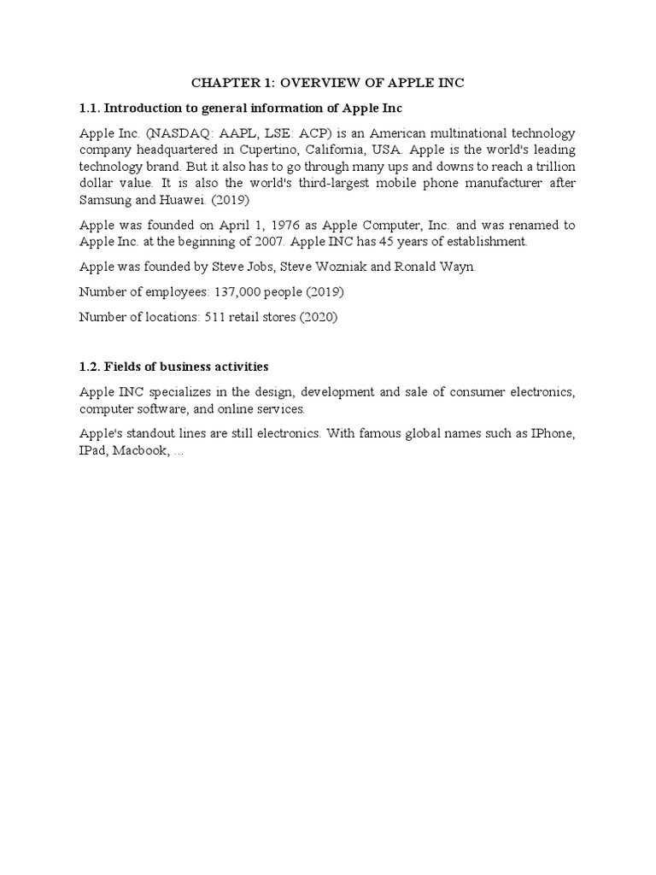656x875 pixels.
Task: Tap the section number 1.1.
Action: click(91, 109)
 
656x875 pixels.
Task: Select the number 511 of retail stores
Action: click(211, 317)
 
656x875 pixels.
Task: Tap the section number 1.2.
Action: click(91, 367)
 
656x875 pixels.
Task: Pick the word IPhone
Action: click(552, 434)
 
